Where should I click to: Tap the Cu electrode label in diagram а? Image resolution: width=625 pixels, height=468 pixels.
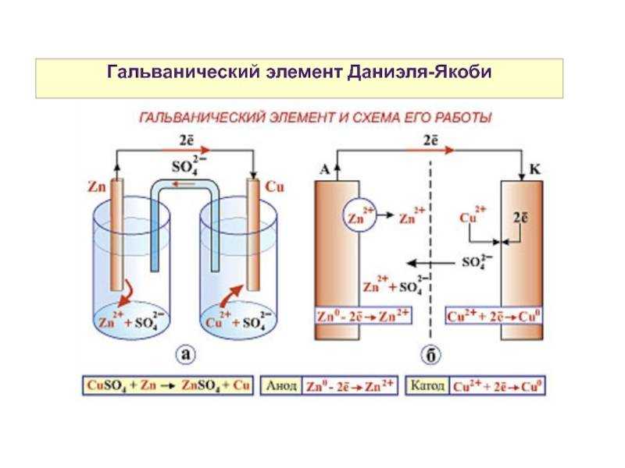coord(274,188)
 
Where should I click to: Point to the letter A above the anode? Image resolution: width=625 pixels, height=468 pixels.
coord(325,167)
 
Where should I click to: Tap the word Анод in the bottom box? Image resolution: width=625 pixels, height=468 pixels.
coord(282,385)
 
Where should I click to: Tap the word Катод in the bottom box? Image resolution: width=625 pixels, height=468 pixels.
coord(428,385)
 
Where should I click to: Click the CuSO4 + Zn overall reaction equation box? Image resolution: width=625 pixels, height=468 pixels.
coord(167,385)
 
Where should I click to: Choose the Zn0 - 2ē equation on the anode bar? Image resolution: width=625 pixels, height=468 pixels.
coord(364,317)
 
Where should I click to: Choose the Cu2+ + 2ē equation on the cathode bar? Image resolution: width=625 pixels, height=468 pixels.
coord(495,317)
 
